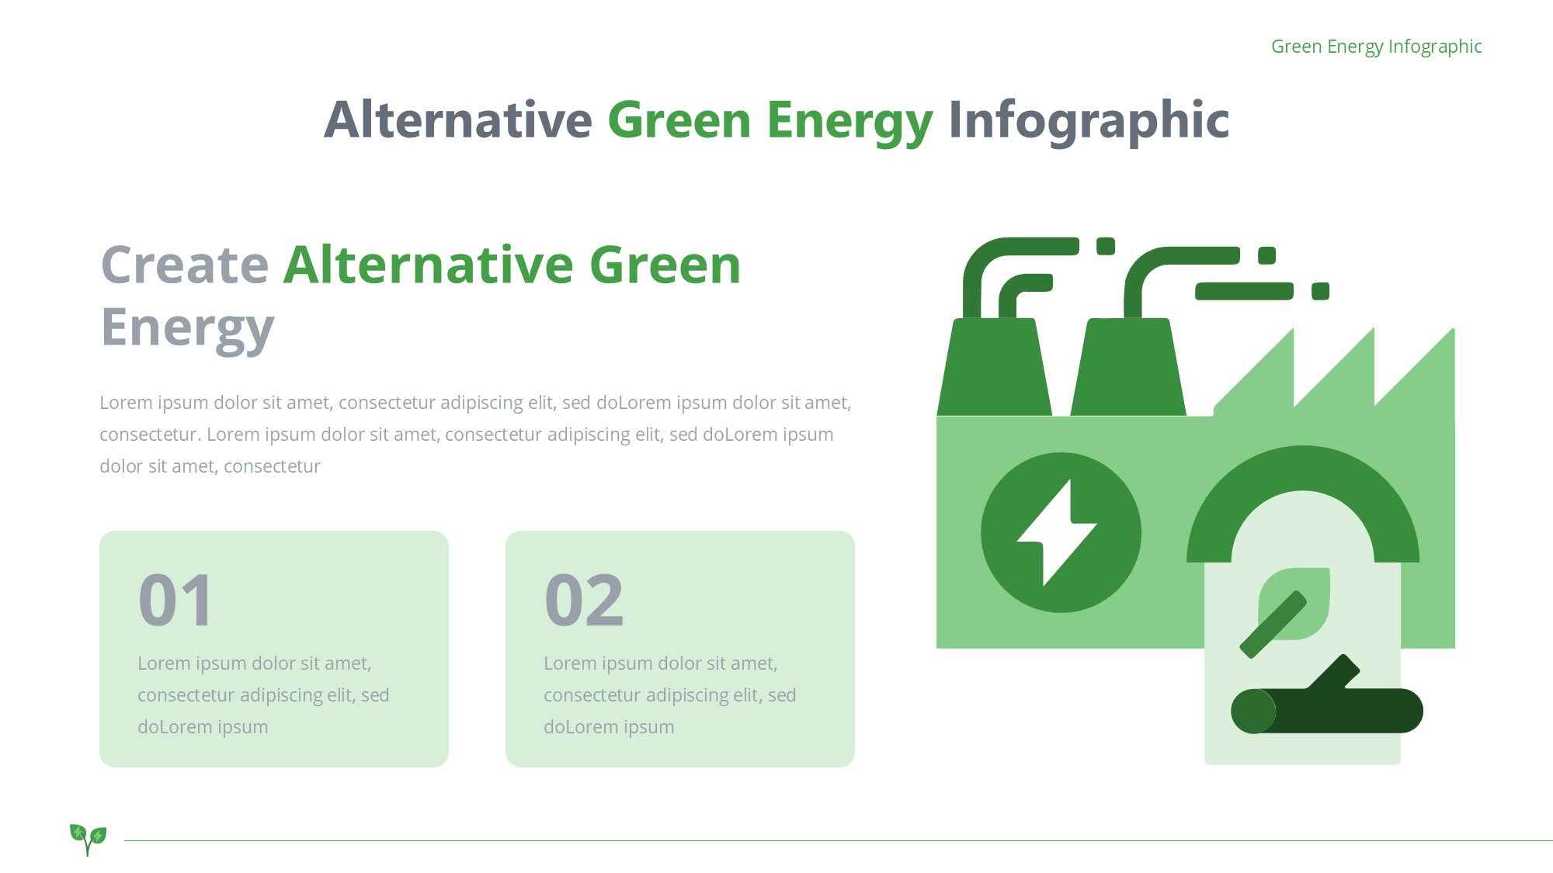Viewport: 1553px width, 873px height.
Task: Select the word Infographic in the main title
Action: tap(1089, 121)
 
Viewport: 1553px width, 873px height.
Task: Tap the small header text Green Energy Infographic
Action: tap(1377, 47)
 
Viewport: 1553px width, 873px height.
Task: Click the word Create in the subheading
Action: tap(185, 265)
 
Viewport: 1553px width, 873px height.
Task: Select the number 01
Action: tap(175, 600)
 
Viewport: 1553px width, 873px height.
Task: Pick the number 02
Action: tap(584, 600)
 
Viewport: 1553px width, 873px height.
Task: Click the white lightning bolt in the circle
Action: tap(1057, 532)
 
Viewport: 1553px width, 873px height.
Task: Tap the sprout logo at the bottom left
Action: tap(88, 839)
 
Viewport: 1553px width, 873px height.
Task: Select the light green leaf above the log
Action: tap(1294, 604)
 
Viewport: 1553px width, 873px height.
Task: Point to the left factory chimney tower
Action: tap(995, 366)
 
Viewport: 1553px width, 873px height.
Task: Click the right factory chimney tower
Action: tap(1128, 366)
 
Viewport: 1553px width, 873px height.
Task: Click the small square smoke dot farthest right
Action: tap(1320, 291)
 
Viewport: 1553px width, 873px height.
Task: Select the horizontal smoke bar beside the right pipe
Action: tap(1244, 291)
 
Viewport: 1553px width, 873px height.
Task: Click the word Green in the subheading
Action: tap(665, 265)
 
